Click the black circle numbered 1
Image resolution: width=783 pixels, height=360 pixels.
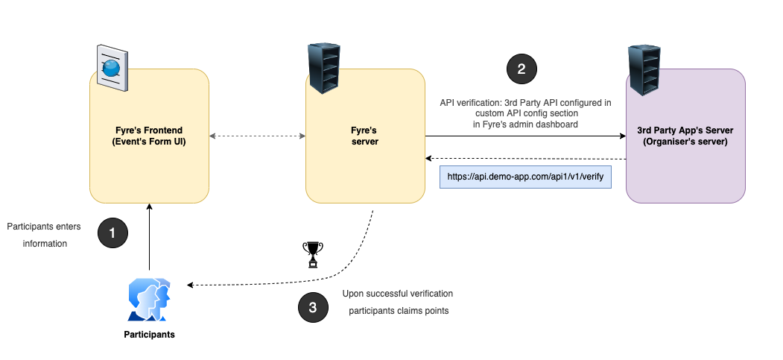tap(112, 233)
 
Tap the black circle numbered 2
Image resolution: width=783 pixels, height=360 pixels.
tap(522, 69)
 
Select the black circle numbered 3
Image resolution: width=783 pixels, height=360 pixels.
tap(313, 307)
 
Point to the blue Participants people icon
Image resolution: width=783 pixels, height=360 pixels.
tap(149, 300)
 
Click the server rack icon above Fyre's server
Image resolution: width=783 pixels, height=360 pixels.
tap(324, 68)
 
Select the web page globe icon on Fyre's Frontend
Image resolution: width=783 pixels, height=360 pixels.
tap(112, 68)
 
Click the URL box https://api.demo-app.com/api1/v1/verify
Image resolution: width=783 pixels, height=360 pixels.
tap(525, 177)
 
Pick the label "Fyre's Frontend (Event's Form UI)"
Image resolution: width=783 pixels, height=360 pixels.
tap(149, 136)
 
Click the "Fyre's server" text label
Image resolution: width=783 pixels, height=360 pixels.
tap(365, 136)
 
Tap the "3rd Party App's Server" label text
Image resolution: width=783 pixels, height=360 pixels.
tap(685, 136)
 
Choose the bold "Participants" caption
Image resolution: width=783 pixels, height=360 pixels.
tap(149, 335)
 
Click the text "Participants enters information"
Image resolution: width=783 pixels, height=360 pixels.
tap(42, 234)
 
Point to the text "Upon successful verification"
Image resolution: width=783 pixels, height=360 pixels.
tap(398, 294)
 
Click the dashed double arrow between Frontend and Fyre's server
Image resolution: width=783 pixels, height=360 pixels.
tap(257, 136)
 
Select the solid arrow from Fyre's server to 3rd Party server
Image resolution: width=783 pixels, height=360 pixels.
tap(525, 136)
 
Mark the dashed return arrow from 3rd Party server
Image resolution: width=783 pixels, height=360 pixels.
tap(525, 159)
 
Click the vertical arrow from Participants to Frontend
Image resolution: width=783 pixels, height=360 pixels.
tap(149, 239)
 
